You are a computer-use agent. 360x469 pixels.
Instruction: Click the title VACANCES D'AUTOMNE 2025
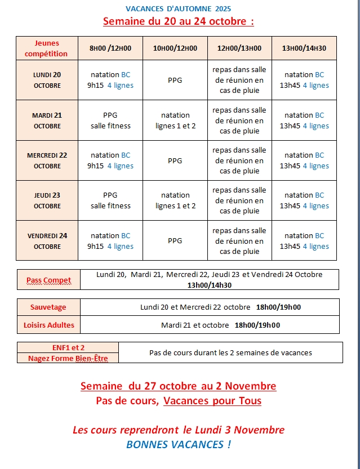(x=178, y=8)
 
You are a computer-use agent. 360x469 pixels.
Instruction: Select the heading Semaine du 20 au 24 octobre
(x=178, y=21)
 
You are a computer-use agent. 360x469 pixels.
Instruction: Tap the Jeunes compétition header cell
(x=47, y=48)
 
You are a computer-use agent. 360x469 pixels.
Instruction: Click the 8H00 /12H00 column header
(x=110, y=48)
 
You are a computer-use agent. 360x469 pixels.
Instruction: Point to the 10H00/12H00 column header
(x=175, y=48)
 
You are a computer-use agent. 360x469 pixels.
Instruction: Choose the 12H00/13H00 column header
(x=239, y=48)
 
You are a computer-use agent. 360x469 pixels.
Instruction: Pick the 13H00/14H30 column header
(x=304, y=48)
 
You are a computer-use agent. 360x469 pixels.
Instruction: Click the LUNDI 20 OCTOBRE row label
(x=47, y=80)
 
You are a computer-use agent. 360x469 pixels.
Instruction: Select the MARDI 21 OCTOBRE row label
(x=47, y=120)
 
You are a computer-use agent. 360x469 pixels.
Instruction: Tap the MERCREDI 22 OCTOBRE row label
(x=47, y=160)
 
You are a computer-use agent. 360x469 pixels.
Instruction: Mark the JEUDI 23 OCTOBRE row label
(x=47, y=200)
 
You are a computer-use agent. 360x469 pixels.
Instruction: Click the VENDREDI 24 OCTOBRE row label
(x=47, y=241)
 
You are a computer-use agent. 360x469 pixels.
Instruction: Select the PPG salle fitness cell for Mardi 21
(x=110, y=120)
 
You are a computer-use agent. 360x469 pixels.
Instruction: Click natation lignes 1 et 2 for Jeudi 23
(x=175, y=200)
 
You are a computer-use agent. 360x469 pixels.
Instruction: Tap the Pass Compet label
(x=49, y=280)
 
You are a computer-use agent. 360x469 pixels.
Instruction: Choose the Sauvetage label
(x=48, y=307)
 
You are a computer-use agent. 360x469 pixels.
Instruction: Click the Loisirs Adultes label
(x=48, y=325)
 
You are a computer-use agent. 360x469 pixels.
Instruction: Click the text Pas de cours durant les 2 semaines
(x=230, y=353)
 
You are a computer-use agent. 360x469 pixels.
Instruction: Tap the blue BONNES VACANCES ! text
(x=178, y=444)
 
